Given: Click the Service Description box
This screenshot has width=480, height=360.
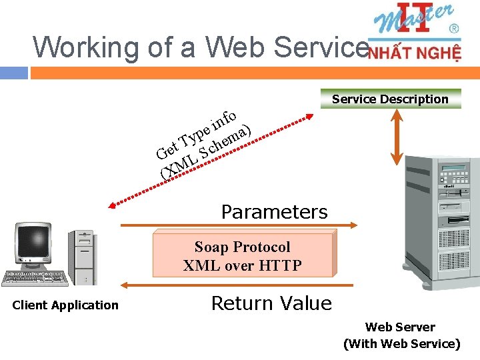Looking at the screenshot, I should [391, 99].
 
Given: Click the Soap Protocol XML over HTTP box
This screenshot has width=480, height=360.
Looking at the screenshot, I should [243, 255].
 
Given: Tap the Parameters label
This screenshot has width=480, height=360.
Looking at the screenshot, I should [274, 212].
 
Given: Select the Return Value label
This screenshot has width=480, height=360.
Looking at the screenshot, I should [271, 303].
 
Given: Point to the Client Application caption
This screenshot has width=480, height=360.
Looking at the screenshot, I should [65, 305].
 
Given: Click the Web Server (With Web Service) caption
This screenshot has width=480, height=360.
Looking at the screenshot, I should [401, 335].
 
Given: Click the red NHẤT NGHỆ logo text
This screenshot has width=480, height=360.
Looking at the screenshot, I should [414, 53].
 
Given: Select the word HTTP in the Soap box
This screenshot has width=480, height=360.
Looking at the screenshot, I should [280, 265].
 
